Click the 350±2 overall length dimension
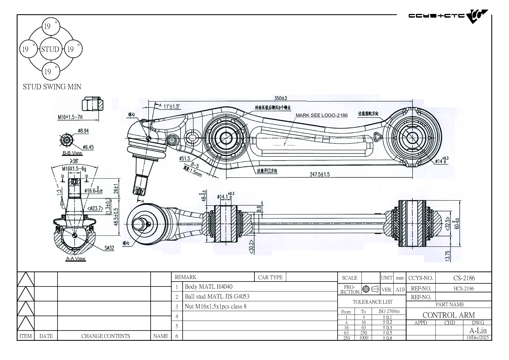281,98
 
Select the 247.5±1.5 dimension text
320,174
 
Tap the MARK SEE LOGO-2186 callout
322,115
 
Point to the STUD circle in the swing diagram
50,49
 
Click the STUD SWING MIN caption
52,87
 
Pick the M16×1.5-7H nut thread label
70,117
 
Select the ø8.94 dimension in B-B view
83,131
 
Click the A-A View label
75,258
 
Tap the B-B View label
72,153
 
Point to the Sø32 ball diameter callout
109,248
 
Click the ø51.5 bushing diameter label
185,158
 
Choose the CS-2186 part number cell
464,278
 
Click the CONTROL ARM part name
449,315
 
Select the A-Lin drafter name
478,330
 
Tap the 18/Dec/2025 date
477,337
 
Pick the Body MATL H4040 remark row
208,287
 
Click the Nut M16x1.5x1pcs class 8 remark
215,306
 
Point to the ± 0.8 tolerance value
387,338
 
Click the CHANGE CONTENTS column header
106,336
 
